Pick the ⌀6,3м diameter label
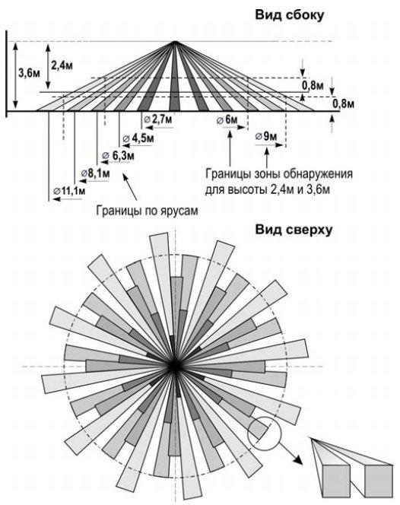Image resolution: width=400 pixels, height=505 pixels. [119, 155]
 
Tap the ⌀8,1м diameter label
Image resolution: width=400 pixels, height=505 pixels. [95, 173]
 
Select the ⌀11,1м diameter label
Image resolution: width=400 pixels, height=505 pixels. [68, 190]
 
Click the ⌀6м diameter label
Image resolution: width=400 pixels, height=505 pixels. [226, 120]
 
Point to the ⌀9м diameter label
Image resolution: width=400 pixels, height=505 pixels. [266, 136]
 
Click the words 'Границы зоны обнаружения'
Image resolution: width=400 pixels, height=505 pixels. [278, 173]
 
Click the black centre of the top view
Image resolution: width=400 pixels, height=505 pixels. [176, 366]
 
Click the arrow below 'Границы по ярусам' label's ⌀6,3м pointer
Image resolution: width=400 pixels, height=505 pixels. [129, 183]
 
